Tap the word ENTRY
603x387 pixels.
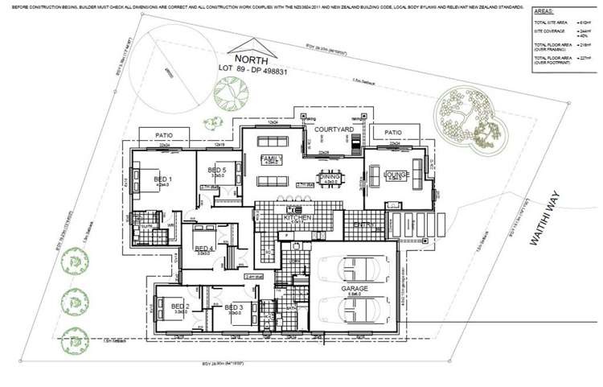363,225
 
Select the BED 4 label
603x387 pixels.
203,249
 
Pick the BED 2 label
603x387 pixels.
179,307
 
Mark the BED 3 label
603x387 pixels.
234,307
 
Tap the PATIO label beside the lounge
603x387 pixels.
393,133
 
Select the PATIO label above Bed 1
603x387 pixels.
165,135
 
